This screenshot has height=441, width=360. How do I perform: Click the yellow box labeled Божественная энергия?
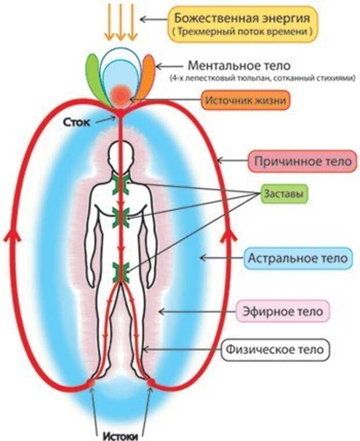243,24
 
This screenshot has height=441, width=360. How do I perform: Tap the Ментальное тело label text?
239,66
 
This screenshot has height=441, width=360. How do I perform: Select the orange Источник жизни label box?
246,101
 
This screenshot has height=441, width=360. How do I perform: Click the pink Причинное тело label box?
303,162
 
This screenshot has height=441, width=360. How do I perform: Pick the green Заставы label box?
284,194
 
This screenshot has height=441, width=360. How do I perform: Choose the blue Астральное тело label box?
298,258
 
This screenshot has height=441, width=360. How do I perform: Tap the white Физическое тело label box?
275,350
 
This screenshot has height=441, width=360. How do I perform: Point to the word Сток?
77,122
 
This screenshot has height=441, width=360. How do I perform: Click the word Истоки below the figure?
121,436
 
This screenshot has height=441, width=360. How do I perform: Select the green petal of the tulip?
96,79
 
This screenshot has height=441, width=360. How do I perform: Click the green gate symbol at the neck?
121,184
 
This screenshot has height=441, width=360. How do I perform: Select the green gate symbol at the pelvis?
121,272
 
